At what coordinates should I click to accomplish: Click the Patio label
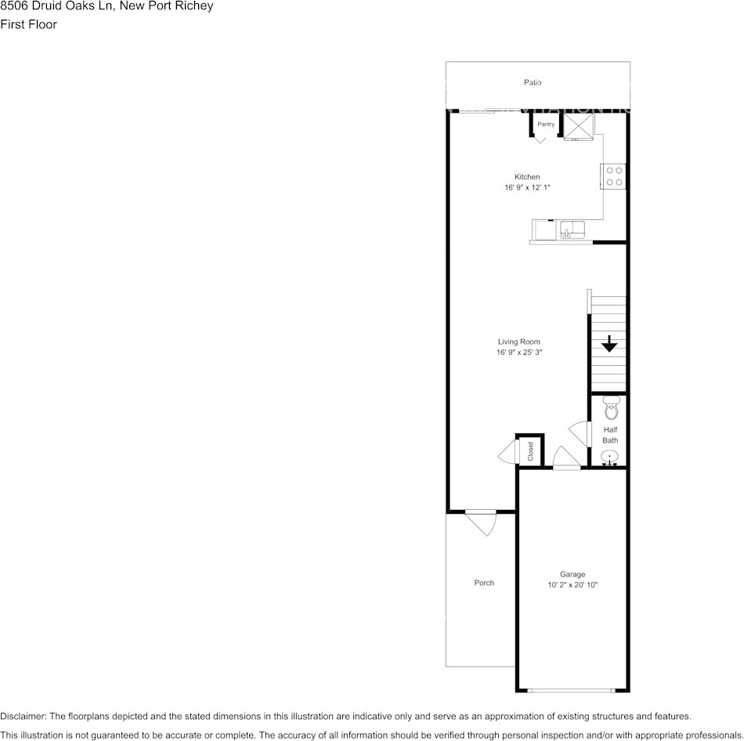tap(533, 82)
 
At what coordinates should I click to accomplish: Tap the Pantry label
tap(546, 125)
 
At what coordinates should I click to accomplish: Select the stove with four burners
tap(614, 176)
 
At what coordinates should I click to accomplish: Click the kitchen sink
tap(572, 230)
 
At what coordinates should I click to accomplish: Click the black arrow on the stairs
tap(609, 344)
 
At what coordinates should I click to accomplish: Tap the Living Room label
tap(519, 342)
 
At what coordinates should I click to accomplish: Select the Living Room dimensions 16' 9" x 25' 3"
tap(519, 352)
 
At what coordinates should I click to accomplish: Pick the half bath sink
tap(609, 457)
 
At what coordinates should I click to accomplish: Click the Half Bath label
tap(610, 435)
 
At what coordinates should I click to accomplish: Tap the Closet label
tap(530, 451)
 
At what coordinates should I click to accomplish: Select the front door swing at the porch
tap(482, 524)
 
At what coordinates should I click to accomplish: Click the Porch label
tap(484, 583)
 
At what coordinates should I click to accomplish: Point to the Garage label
tap(572, 574)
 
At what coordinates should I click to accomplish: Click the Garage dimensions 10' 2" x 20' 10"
tap(572, 585)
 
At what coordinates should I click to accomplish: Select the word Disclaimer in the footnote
tap(23, 716)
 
